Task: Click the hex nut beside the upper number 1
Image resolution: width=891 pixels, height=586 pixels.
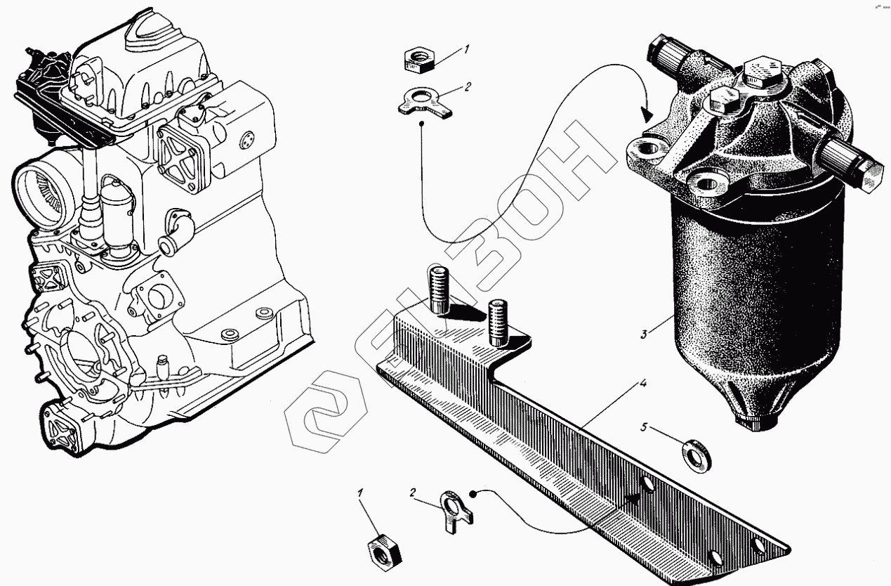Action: coord(419,59)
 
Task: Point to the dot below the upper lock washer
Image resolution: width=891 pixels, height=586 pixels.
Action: coord(423,124)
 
